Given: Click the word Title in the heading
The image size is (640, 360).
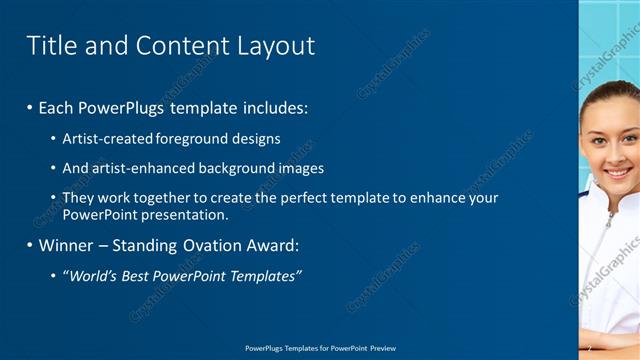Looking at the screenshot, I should click(x=49, y=46).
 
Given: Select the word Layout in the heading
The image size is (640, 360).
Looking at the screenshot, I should click(x=276, y=46).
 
